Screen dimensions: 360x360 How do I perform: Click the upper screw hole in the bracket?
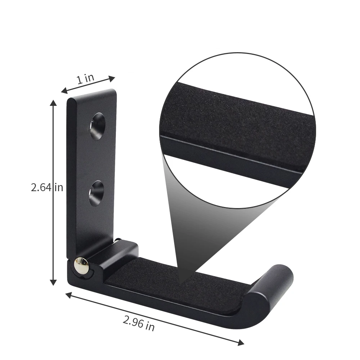(x=98, y=126)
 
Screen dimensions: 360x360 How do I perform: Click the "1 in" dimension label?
(x=85, y=78)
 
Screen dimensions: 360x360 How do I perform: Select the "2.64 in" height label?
(x=47, y=187)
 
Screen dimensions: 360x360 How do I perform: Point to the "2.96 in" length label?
(x=139, y=323)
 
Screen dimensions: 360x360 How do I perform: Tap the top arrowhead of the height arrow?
(x=53, y=103)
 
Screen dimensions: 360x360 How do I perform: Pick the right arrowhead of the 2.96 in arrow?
(x=241, y=342)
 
